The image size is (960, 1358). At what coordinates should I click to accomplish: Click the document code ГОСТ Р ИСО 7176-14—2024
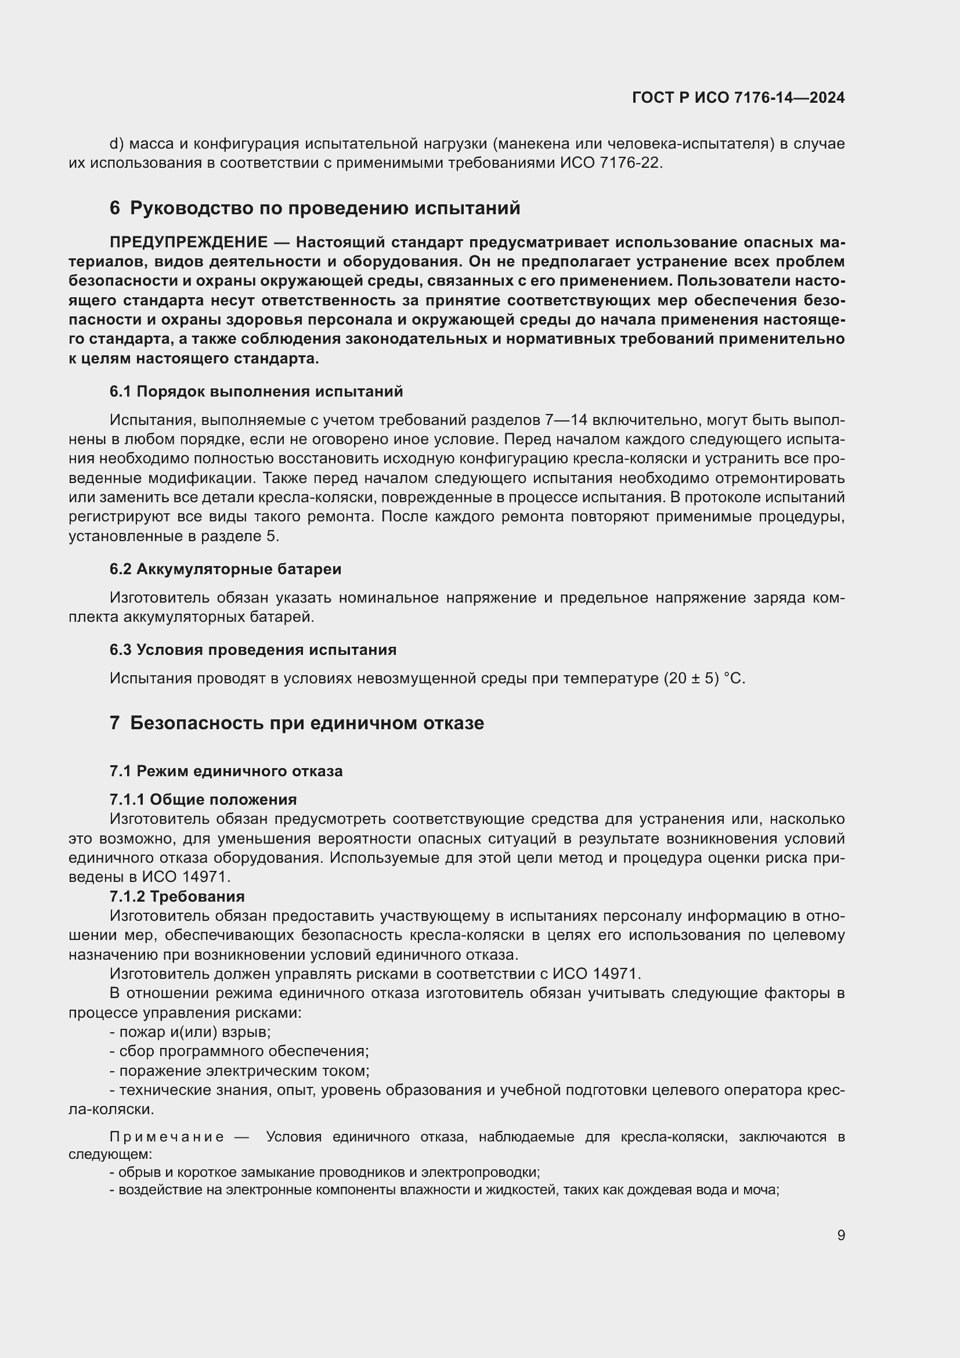click(x=738, y=98)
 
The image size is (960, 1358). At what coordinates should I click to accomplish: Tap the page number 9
click(x=840, y=1235)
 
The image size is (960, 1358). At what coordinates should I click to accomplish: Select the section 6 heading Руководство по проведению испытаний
click(x=315, y=208)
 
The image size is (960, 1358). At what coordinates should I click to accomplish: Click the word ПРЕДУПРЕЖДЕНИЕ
click(x=189, y=243)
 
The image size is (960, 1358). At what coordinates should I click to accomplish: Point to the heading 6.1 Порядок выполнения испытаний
click(x=256, y=391)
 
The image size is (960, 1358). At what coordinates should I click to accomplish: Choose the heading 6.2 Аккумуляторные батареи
click(x=225, y=569)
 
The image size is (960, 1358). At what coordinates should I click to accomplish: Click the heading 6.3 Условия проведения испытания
click(x=252, y=650)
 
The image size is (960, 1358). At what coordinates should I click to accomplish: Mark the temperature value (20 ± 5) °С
click(x=704, y=678)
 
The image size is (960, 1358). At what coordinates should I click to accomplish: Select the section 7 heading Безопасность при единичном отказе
click(x=296, y=723)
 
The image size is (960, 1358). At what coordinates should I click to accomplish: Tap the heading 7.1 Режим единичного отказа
click(x=226, y=771)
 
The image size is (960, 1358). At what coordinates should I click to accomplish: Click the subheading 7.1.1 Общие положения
click(x=203, y=799)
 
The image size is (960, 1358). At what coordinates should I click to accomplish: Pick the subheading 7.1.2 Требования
click(x=177, y=896)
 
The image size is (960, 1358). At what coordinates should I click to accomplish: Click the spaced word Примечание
click(x=166, y=1137)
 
